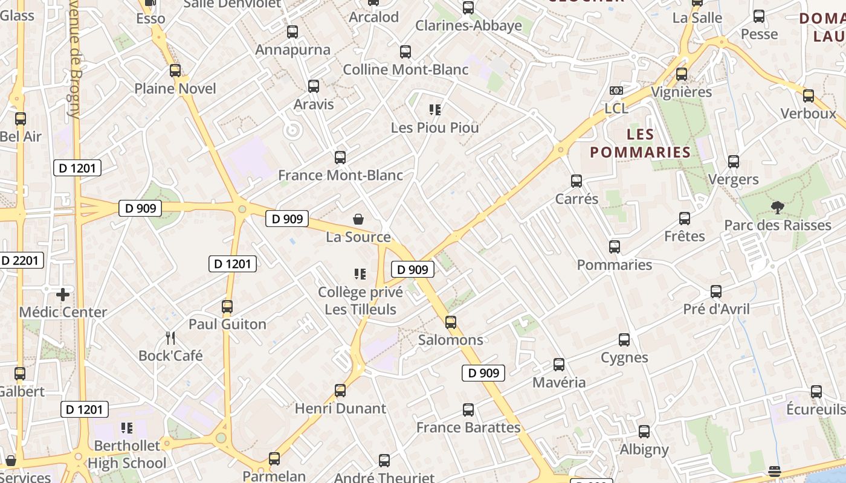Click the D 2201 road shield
click(x=21, y=261)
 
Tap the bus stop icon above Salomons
click(x=451, y=322)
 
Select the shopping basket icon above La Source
click(x=358, y=219)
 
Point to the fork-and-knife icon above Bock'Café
click(x=170, y=338)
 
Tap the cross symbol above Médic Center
click(x=63, y=295)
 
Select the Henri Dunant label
click(x=340, y=409)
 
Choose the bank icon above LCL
click(x=616, y=91)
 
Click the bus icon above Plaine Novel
click(x=175, y=71)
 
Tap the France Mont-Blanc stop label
click(x=340, y=176)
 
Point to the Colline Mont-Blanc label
click(x=405, y=70)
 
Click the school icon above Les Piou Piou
click(x=435, y=110)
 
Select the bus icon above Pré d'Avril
click(x=716, y=292)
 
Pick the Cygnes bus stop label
click(x=624, y=357)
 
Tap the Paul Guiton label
click(x=227, y=324)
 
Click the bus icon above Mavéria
click(x=559, y=365)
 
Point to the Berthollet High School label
click(x=127, y=455)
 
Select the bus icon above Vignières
click(x=682, y=74)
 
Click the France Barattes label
click(x=468, y=427)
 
